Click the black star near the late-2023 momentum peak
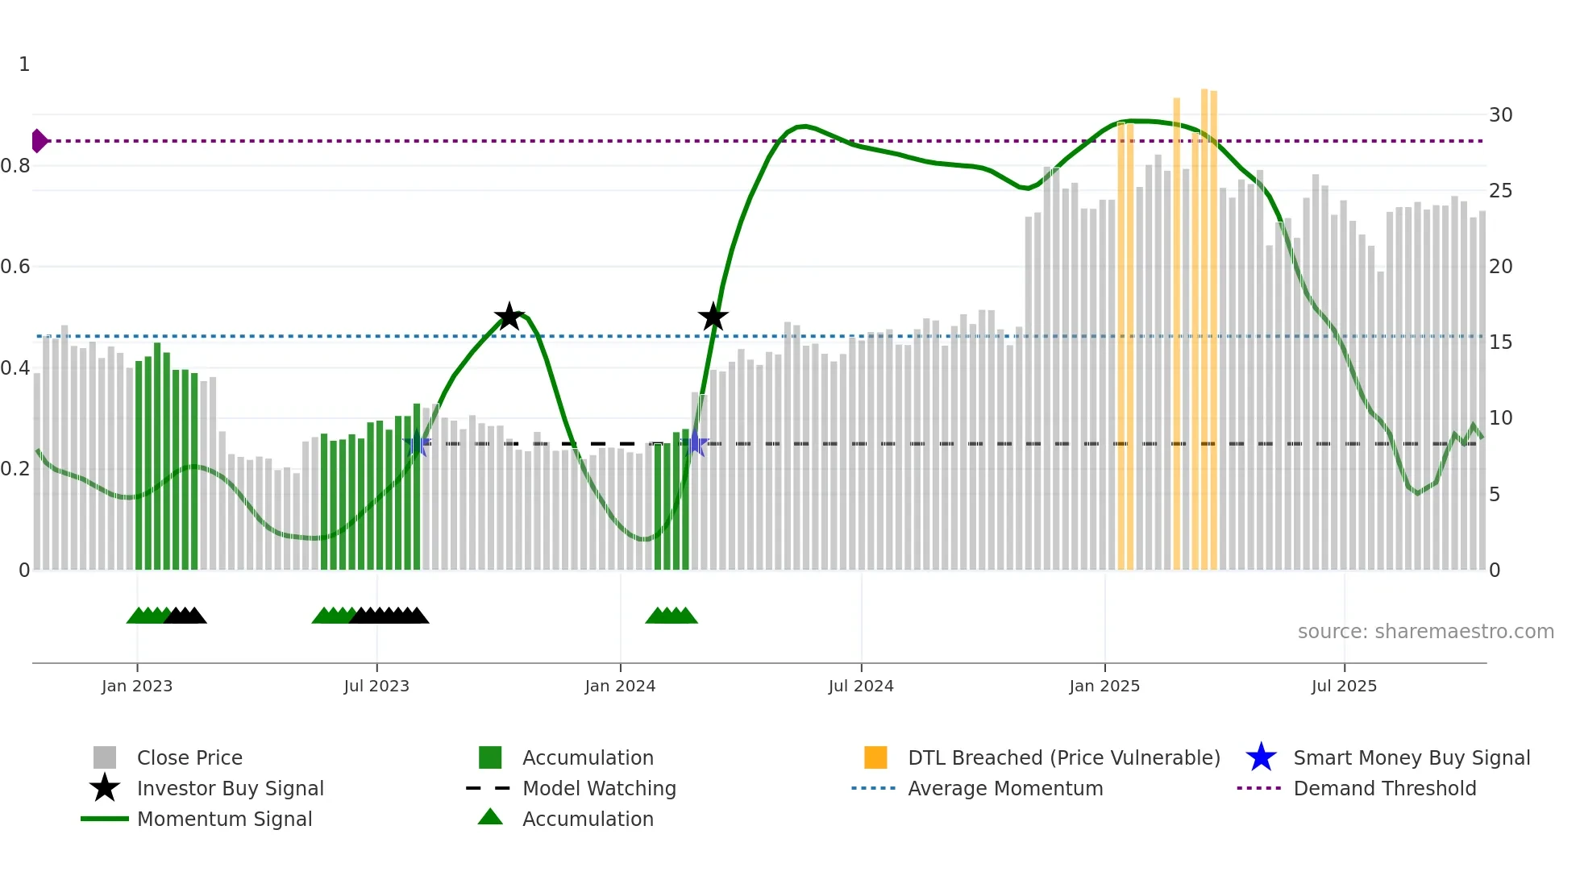509,317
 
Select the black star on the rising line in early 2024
713,317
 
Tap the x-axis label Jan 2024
620,686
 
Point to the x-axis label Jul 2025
1344,686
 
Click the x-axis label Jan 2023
137,686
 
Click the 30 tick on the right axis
1500,115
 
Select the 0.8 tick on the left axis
16,166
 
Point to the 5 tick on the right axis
1495,495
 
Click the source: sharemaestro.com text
1425,632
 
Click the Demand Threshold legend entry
1384,788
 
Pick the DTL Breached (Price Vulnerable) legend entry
1063,757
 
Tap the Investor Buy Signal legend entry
230,788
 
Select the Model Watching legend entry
598,788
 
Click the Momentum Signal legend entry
224,819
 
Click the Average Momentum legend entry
1004,788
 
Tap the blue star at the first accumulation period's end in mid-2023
416,444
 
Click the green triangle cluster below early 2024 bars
671,616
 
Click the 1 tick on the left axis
24,64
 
